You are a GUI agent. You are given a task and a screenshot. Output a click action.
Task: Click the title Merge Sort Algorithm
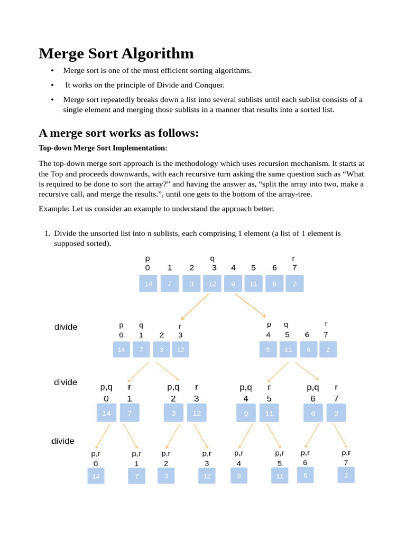pos(116,54)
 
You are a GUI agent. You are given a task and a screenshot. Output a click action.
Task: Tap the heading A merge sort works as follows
pos(118,133)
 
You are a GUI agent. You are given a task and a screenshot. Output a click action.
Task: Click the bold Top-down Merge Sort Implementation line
pos(103,148)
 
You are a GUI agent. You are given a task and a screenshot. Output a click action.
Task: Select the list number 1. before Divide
pos(47,233)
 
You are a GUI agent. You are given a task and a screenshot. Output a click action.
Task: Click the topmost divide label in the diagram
pos(66,327)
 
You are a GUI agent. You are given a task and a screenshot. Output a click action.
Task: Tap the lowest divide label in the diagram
pos(62,441)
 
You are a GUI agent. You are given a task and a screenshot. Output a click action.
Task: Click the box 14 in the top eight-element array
pos(148,284)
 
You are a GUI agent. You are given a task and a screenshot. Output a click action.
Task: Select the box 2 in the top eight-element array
pos(294,284)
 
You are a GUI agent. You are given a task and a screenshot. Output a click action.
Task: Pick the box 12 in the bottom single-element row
pos(207,477)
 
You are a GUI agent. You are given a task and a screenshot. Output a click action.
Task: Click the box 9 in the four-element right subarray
pos(268,350)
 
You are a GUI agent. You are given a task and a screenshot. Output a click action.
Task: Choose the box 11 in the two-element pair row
pos(269,414)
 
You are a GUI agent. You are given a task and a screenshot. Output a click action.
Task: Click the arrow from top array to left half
pos(195,306)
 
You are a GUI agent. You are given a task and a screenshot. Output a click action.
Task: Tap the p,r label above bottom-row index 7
pos(346,453)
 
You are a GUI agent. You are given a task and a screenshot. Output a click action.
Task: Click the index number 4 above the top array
pos(233,268)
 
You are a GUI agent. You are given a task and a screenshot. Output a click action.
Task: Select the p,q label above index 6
pos(313,387)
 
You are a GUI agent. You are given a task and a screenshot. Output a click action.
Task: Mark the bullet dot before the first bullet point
pos(52,71)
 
